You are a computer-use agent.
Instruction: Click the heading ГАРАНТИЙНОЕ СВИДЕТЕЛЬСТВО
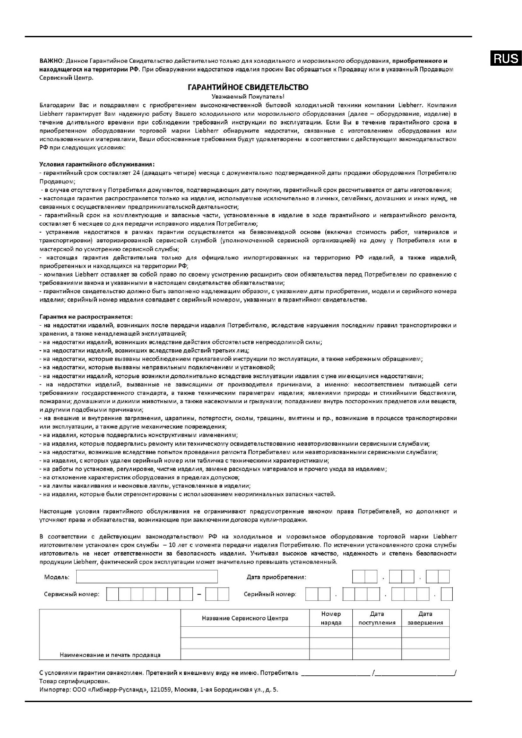[248, 87]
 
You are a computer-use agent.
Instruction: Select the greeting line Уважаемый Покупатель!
[248, 96]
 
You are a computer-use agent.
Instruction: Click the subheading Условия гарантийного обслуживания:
[97, 164]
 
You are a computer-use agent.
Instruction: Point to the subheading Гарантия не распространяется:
[86, 316]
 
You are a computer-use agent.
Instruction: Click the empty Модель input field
[147, 577]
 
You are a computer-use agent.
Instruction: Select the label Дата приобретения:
[276, 577]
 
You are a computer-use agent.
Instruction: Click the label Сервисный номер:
[71, 594]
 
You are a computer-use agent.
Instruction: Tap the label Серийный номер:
[270, 594]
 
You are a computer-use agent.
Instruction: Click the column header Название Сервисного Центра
[245, 618]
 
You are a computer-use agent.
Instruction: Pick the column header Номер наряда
[331, 618]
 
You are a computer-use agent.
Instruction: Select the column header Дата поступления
[377, 618]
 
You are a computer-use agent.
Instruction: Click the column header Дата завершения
[425, 618]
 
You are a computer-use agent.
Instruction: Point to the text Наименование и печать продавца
[110, 655]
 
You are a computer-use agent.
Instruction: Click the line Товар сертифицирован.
[75, 681]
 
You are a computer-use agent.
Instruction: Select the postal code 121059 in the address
[160, 689]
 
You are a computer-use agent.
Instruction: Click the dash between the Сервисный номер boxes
[199, 594]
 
